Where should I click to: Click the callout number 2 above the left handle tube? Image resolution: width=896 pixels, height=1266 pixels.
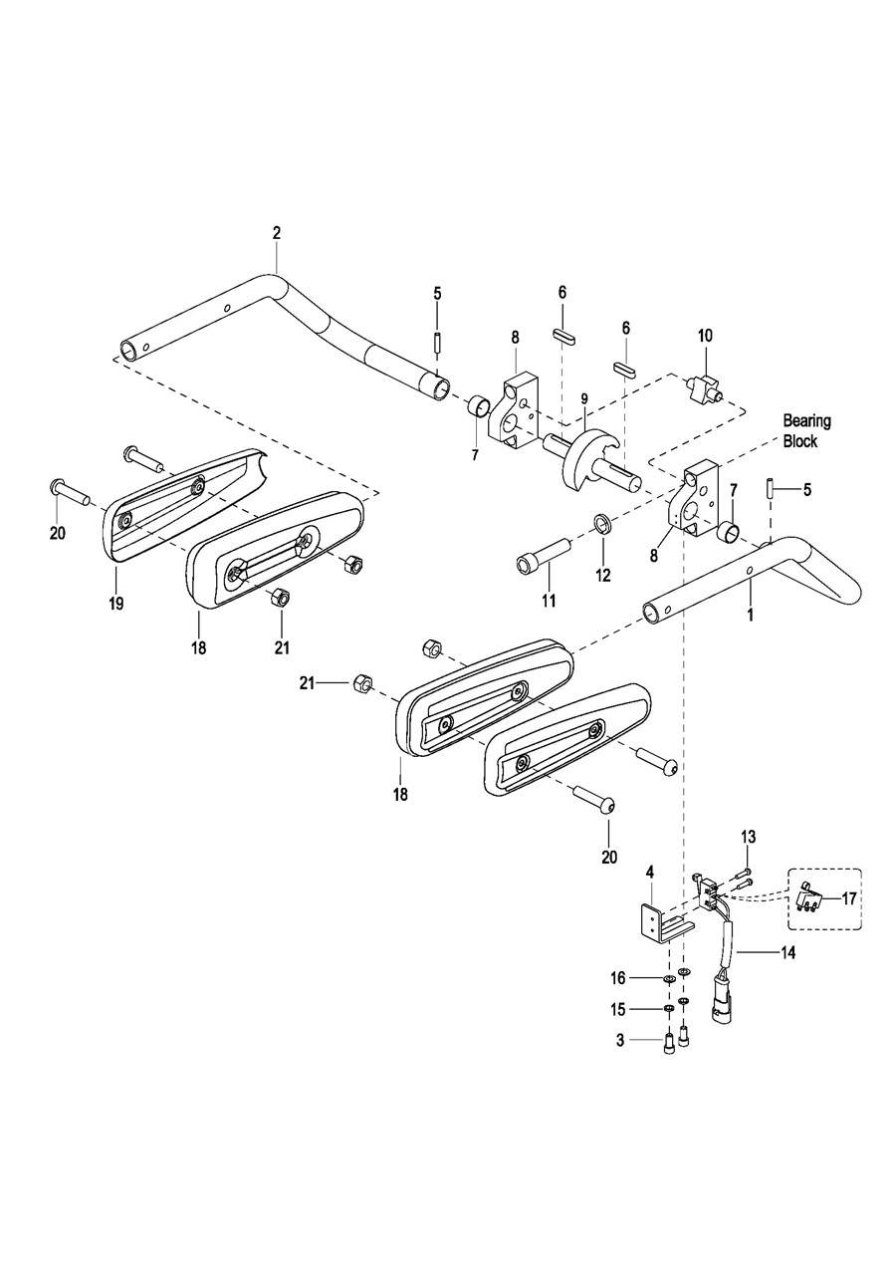(277, 233)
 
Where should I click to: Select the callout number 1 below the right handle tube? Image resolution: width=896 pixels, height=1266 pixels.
(751, 615)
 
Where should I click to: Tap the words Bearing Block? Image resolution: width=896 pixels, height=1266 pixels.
(805, 431)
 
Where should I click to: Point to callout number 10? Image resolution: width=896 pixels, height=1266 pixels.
(705, 336)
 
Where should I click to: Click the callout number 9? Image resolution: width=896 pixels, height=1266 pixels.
(584, 398)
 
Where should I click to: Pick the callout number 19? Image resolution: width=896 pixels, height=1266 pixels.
(116, 604)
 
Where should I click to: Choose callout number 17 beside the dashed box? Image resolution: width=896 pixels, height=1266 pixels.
(849, 898)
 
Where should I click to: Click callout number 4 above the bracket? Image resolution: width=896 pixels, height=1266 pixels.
(649, 873)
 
